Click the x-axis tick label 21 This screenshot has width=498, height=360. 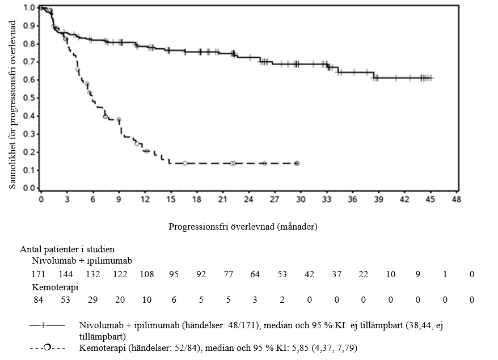coord(223,200)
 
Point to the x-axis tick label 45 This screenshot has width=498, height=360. coord(431,200)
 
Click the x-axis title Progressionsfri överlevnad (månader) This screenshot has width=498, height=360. coord(243,226)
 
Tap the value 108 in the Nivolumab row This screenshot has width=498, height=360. coord(146,274)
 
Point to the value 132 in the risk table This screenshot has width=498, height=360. coord(94,274)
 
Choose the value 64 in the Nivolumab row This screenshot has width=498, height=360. coord(255,274)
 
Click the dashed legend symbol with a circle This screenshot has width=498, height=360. coord(48,346)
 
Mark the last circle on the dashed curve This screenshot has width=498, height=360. coord(297,163)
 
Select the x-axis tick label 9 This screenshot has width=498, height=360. coord(119,200)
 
